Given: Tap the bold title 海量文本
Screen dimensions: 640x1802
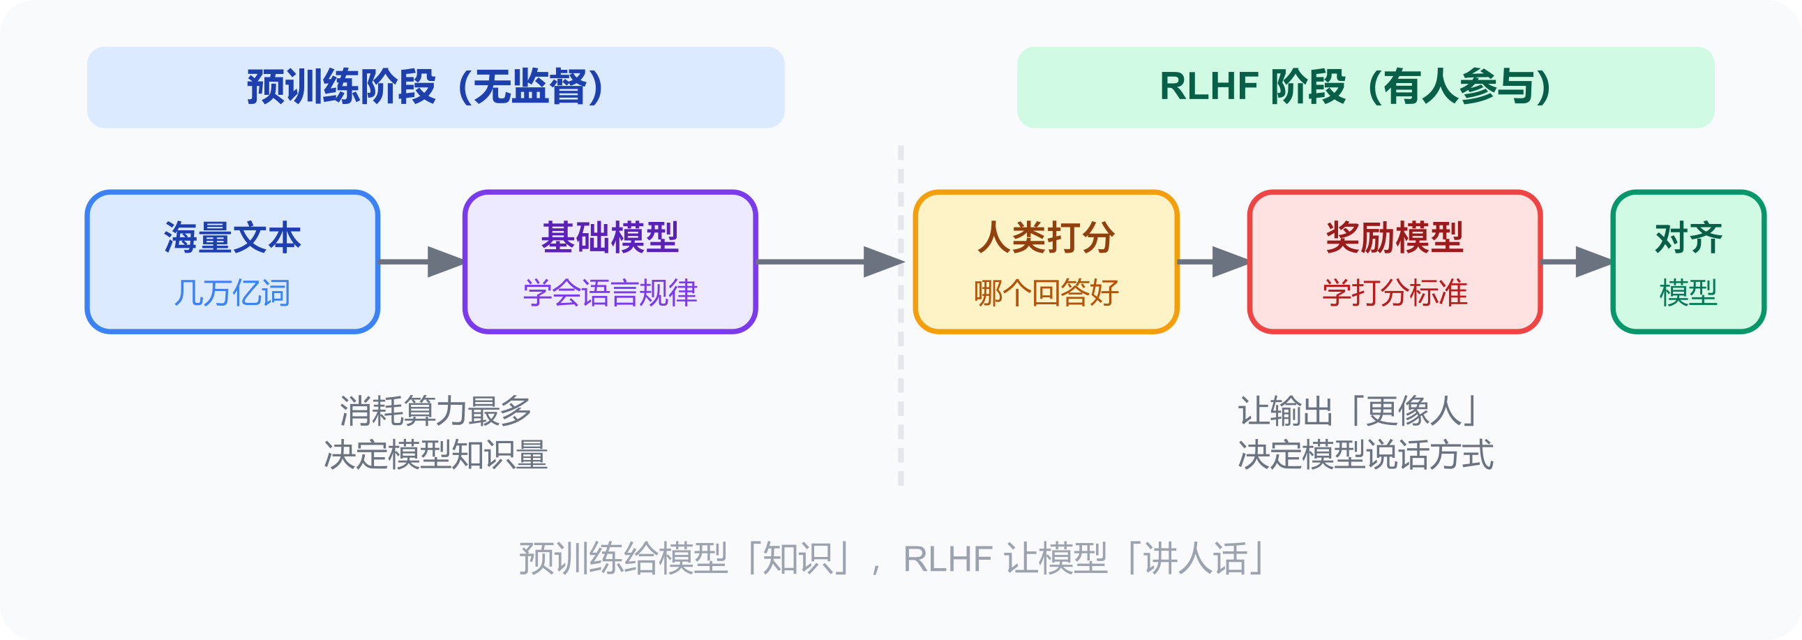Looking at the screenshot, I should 232,238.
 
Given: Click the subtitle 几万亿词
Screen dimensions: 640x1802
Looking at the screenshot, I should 232,292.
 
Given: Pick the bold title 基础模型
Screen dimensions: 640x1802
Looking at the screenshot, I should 609,238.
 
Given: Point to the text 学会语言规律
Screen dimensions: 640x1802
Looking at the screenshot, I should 609,292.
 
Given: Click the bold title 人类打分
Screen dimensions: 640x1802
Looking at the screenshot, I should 1046,238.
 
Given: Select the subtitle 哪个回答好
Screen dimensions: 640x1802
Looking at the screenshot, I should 1046,292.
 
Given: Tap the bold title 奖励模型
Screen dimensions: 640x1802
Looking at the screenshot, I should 1394,238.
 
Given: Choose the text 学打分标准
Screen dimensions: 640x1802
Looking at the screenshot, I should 1394,292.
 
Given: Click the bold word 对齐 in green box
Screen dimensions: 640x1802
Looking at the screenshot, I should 1688,238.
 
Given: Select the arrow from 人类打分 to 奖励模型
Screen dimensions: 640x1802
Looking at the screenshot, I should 1214,262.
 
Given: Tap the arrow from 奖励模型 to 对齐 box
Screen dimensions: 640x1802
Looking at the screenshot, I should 1577,262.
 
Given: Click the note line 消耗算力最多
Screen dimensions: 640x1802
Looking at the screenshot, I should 435,410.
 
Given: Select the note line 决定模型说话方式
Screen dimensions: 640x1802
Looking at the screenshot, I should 1365,454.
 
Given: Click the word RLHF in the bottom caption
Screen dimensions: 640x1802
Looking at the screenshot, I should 947,559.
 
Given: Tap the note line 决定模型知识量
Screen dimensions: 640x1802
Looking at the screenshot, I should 435,454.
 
